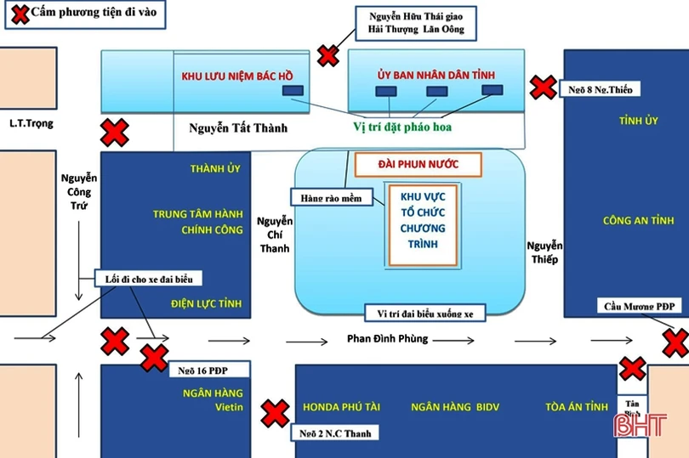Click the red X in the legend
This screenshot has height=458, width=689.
(17, 13)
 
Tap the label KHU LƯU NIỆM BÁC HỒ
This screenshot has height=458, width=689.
(237, 76)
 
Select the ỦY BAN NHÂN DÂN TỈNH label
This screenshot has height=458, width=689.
(436, 76)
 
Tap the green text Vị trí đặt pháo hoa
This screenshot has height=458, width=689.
(401, 127)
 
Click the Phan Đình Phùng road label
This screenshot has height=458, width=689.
(387, 339)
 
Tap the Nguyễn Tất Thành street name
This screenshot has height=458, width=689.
(237, 128)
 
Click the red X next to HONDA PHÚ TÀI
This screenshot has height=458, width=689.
(275, 414)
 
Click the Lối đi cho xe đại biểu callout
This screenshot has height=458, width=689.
(150, 279)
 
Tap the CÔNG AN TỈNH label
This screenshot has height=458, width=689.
(627, 221)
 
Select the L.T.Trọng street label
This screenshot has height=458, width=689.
(31, 124)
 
